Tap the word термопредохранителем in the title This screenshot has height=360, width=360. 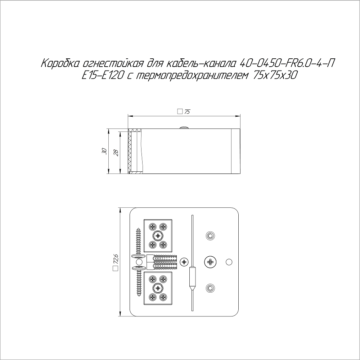(192, 75)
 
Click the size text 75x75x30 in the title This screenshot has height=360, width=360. (274, 75)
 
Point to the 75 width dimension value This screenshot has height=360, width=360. (187, 112)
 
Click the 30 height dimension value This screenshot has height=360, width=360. (104, 151)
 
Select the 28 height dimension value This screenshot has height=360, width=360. (116, 153)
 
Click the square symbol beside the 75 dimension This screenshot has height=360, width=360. (180, 112)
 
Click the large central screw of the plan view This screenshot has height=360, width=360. (210, 262)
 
